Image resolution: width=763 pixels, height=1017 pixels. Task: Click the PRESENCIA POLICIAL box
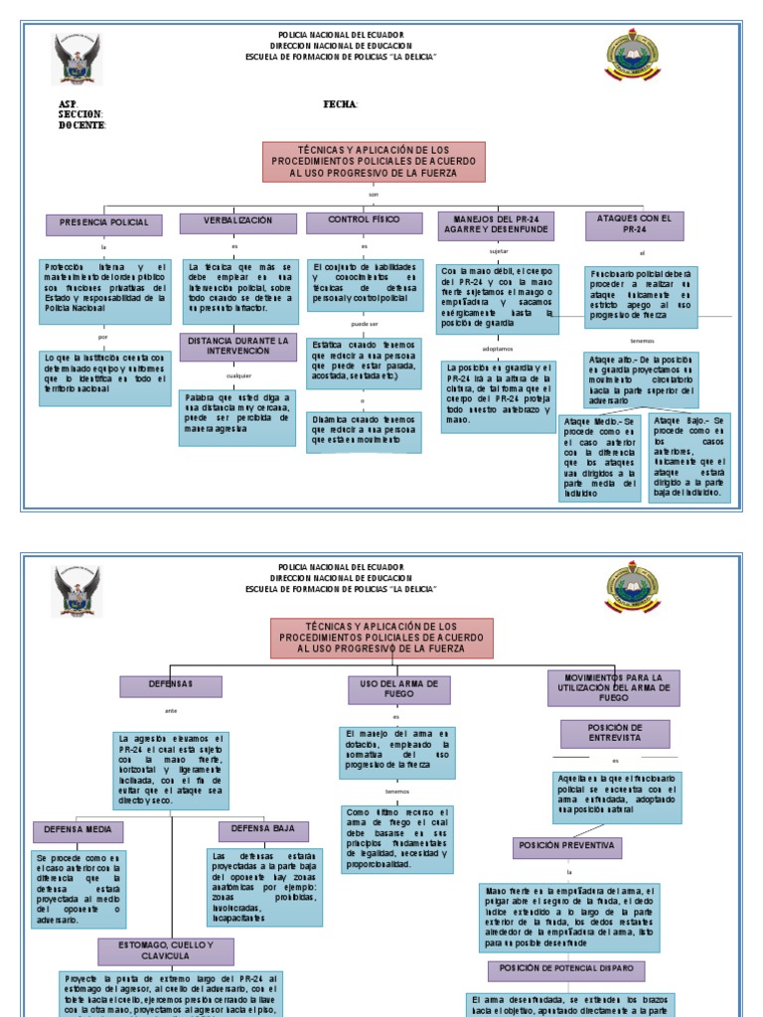tap(104, 223)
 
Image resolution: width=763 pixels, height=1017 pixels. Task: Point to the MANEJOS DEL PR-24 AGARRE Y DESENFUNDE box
tap(496, 224)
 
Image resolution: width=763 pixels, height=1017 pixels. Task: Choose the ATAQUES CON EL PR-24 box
tap(634, 224)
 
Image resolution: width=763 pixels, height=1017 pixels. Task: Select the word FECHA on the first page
tap(341, 104)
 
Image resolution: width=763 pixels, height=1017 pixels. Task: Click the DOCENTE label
tap(82, 125)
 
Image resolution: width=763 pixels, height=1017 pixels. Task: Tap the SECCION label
tap(80, 114)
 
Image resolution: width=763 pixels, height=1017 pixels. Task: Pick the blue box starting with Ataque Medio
tap(599, 458)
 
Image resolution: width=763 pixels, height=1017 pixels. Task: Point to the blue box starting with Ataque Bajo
tap(689, 458)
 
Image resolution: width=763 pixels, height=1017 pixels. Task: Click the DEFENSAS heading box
tap(171, 685)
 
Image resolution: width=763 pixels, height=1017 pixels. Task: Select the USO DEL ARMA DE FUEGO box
tap(398, 689)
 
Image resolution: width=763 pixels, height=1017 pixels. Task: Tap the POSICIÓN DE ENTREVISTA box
tap(614, 733)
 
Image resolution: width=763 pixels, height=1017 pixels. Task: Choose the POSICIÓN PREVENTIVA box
tap(568, 847)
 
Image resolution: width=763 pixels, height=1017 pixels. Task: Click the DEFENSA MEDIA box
tap(78, 831)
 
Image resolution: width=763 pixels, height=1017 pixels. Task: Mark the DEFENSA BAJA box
tap(263, 830)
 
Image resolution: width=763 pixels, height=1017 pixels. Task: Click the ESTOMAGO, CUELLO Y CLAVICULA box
tap(166, 951)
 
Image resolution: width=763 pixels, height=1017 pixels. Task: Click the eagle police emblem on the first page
tap(76, 60)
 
